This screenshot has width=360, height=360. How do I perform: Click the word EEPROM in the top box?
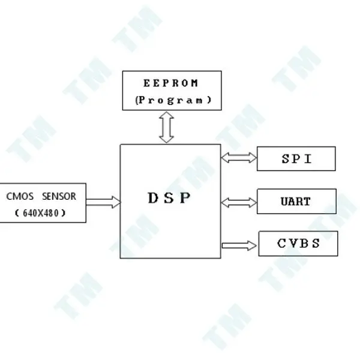tap(170, 83)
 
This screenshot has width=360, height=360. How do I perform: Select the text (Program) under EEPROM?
tap(173, 100)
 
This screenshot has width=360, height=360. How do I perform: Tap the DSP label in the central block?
tap(169, 197)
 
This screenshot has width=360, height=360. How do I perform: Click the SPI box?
tap(296, 158)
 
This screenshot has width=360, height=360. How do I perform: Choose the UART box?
tap(296, 202)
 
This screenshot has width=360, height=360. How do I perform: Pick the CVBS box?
tap(298, 244)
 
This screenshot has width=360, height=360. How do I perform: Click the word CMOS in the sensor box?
tap(20, 196)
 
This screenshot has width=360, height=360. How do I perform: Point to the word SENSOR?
tap(59, 196)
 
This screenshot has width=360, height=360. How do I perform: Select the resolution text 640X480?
tap(41, 213)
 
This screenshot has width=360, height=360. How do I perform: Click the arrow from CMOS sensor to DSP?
tap(103, 202)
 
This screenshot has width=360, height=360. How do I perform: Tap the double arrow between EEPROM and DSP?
tap(166, 127)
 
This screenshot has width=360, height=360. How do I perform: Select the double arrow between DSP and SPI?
tap(239, 158)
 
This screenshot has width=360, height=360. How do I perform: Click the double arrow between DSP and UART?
tap(239, 203)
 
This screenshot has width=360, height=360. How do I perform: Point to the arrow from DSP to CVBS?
tap(239, 245)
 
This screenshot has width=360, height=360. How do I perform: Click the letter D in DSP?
tap(154, 197)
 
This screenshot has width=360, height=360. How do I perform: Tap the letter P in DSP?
tap(185, 197)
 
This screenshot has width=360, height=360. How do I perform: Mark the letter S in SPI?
tap(286, 158)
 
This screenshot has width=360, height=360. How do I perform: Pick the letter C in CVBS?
tap(281, 244)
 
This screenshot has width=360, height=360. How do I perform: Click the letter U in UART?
tap(284, 202)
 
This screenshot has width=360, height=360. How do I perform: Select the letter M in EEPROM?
tap(195, 83)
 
